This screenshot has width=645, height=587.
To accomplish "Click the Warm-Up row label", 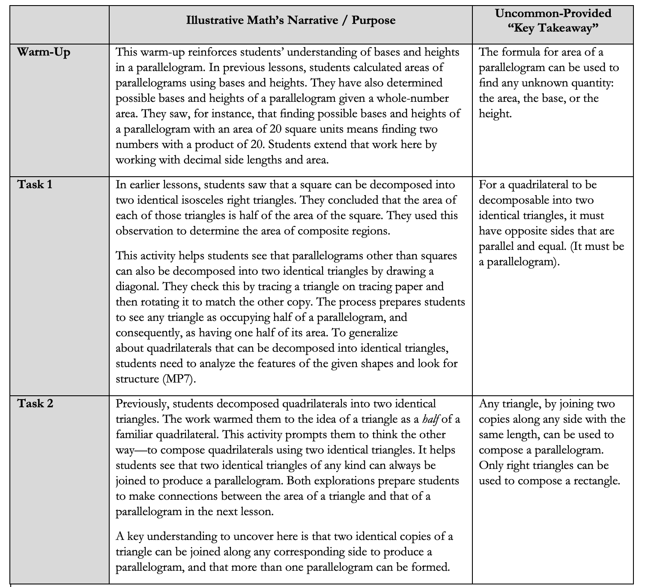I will click(44, 53).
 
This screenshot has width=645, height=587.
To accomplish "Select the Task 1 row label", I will click(35, 185).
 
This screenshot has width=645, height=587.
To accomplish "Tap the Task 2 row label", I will click(36, 403).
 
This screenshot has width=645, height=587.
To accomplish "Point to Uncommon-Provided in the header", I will click(553, 13).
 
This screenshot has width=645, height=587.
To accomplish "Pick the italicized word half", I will click(431, 419).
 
